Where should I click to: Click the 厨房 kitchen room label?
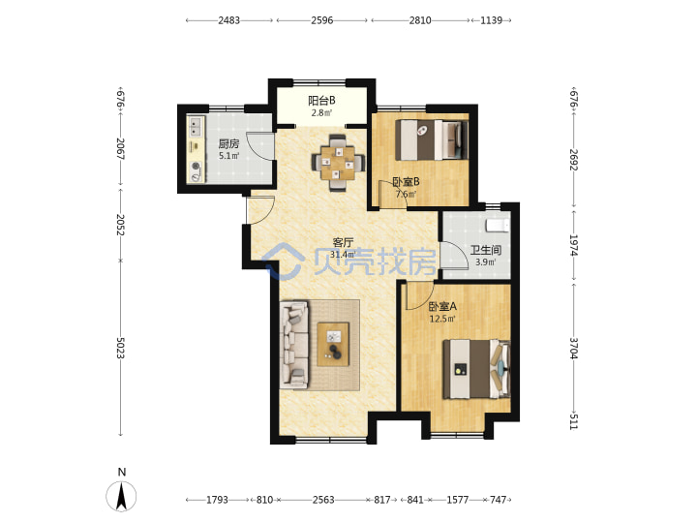point(228,143)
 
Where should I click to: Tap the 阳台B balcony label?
point(321,101)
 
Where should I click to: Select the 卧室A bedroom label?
point(442,306)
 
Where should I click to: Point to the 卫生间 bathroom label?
point(486,250)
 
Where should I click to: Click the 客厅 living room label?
point(343,242)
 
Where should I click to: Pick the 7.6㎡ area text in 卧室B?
point(406,194)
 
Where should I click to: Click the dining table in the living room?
point(339,163)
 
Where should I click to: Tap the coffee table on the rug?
point(333,344)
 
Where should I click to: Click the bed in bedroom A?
point(476,369)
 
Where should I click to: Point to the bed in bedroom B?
point(432,139)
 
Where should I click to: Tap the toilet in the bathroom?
point(498,226)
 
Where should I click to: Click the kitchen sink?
point(196,126)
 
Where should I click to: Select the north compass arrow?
point(121,495)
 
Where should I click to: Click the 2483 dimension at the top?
point(228,20)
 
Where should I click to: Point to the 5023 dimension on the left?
point(120,348)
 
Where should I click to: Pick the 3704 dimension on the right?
point(573,349)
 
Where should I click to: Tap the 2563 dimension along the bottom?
point(323,500)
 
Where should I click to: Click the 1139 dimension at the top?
point(491,20)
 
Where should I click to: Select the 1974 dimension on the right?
point(573,245)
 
